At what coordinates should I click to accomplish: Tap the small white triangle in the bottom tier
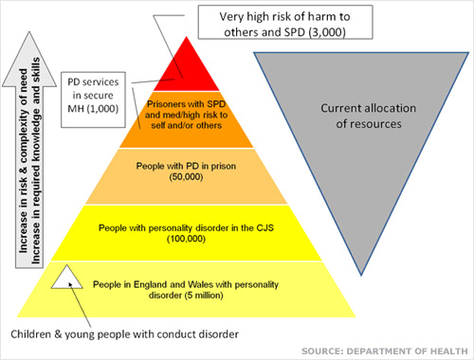[x=63, y=278]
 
